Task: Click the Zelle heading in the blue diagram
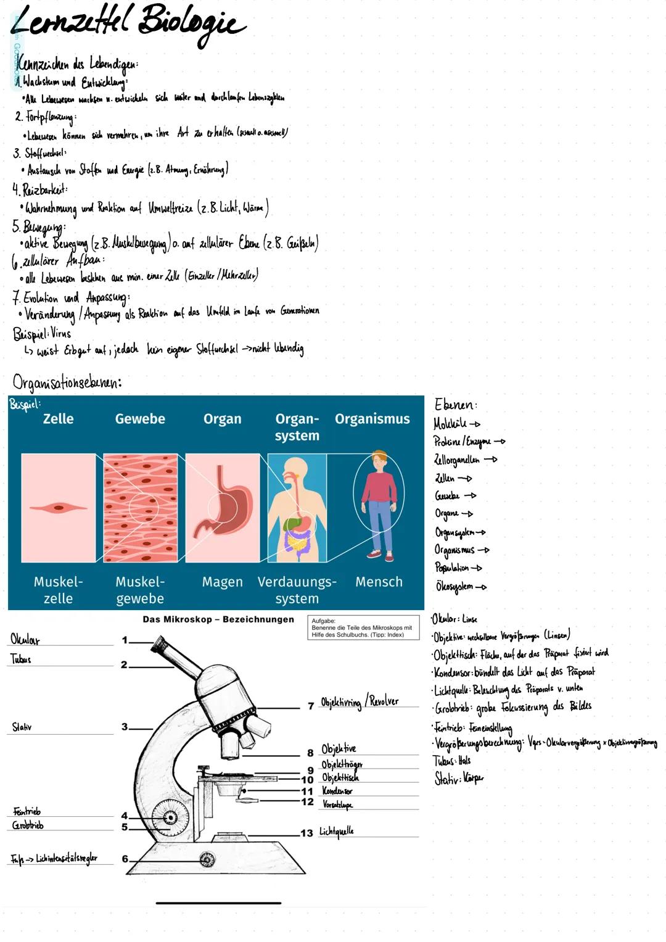click(x=58, y=419)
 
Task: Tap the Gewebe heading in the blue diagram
click(x=140, y=419)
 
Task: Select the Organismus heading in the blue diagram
click(x=372, y=419)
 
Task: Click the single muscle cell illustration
click(x=58, y=508)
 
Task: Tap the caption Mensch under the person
click(x=379, y=582)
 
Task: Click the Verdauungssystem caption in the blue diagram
click(x=297, y=590)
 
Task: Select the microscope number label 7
click(x=311, y=706)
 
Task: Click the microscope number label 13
click(x=306, y=833)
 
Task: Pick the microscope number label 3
click(x=125, y=727)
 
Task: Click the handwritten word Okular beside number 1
click(x=25, y=639)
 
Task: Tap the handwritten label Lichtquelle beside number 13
click(x=337, y=832)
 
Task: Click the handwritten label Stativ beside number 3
click(x=22, y=727)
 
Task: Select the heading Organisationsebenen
click(x=67, y=382)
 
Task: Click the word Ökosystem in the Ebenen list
click(x=454, y=586)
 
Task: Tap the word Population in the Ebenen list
click(x=451, y=568)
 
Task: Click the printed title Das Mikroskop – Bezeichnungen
click(x=218, y=619)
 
